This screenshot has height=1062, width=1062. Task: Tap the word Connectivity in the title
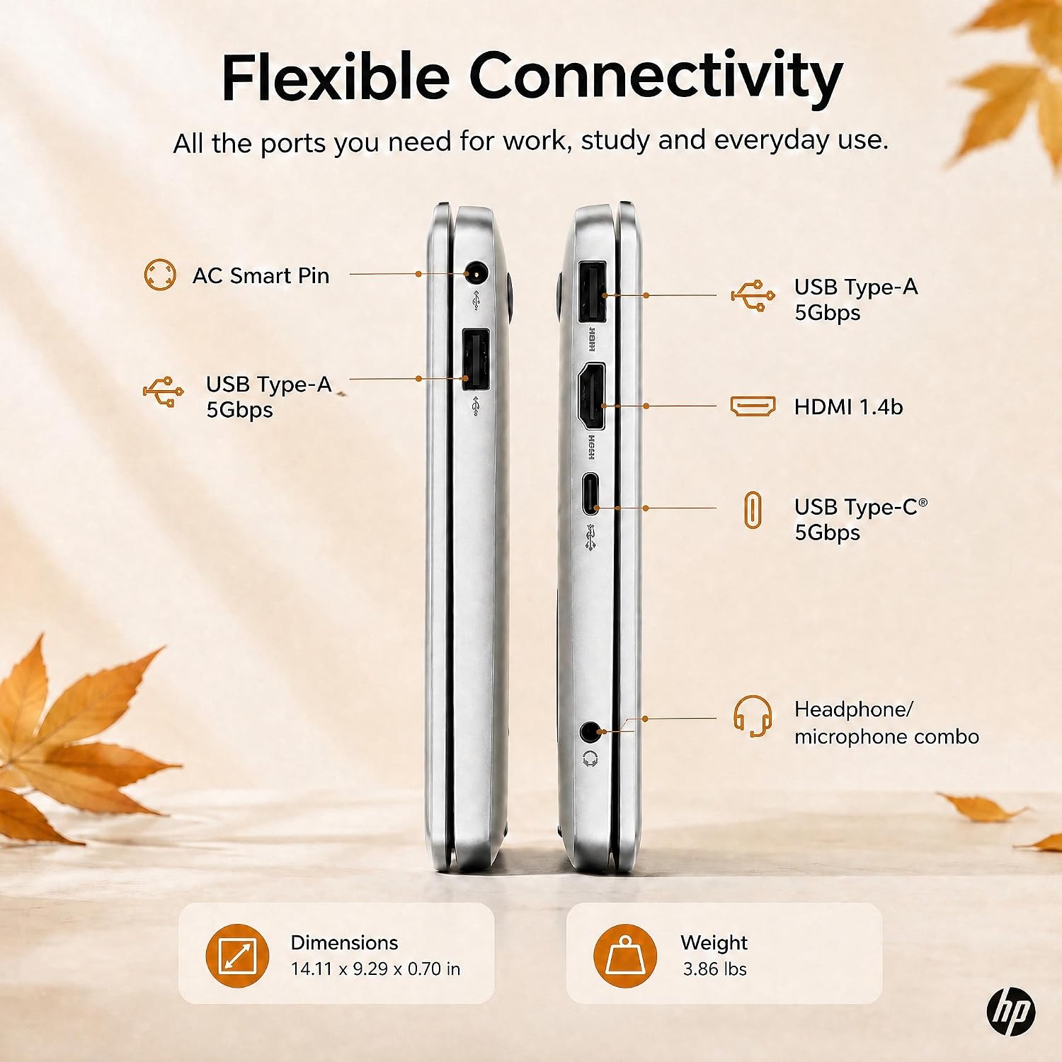[x=656, y=79]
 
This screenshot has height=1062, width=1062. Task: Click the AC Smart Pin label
[x=261, y=275]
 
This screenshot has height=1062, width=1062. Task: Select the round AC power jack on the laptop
[x=476, y=273]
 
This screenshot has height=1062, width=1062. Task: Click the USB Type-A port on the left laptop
[x=476, y=359]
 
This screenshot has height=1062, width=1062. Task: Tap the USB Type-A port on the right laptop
[x=593, y=292]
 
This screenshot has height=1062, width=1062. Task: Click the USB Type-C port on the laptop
[x=590, y=493]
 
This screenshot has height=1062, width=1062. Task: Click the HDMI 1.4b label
[x=848, y=407]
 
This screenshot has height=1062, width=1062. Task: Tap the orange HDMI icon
[x=753, y=406]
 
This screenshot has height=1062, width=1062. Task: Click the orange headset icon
[x=752, y=716]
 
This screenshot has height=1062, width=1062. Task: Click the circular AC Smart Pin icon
[x=160, y=275]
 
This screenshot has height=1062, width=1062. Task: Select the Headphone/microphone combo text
[x=886, y=723]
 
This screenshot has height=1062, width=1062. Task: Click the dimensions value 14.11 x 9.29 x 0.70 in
[x=375, y=969]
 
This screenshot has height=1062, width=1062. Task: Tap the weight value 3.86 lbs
[x=714, y=969]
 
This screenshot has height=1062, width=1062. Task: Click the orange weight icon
[x=625, y=956]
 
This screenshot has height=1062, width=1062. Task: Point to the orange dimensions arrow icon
[x=237, y=956]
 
